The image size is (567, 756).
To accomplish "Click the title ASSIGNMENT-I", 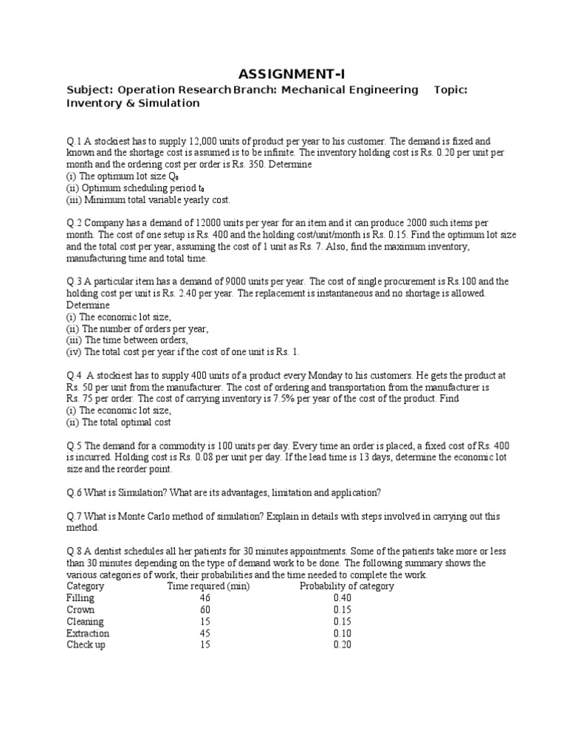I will (x=291, y=73).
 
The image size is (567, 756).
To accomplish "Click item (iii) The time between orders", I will (x=128, y=340).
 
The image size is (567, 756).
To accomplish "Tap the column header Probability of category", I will (x=346, y=586).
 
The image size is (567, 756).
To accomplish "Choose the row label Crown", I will (x=80, y=610).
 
